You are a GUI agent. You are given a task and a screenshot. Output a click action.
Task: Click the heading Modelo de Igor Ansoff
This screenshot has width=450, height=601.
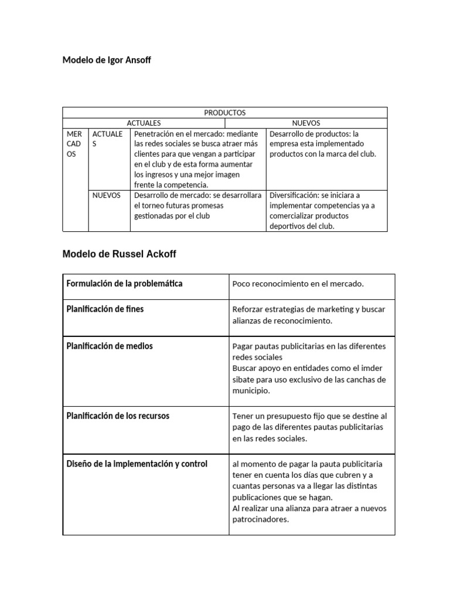(x=106, y=60)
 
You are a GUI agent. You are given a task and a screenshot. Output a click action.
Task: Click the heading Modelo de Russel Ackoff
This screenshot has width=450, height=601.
(x=119, y=254)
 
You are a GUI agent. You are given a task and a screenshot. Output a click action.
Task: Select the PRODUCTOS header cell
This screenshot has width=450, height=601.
(x=224, y=112)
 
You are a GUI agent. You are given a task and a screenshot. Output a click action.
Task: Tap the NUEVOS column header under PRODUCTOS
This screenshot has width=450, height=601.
(x=306, y=123)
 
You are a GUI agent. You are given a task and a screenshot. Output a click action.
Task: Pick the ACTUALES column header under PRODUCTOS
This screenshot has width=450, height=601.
(x=144, y=123)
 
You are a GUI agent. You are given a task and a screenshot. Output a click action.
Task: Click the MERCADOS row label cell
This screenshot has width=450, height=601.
(x=76, y=144)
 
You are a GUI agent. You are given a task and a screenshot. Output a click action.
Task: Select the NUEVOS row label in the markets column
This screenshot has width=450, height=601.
(x=106, y=195)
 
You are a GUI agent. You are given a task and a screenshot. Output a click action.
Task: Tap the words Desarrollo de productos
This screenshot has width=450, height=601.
(x=311, y=134)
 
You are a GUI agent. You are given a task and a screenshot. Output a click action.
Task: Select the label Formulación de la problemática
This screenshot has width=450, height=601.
(x=124, y=283)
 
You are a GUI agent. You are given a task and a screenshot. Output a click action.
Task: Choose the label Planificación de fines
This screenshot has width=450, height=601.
(x=105, y=309)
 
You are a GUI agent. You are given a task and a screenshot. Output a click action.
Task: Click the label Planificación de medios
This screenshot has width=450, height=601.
(x=110, y=346)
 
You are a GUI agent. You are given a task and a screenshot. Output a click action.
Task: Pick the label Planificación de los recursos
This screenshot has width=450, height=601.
(x=118, y=416)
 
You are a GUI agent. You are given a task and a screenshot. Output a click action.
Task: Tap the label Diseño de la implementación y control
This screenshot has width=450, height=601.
(x=137, y=464)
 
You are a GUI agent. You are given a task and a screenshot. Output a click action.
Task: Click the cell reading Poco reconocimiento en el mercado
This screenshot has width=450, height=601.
(x=298, y=284)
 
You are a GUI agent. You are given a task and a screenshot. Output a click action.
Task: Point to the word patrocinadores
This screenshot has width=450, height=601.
(x=261, y=519)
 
